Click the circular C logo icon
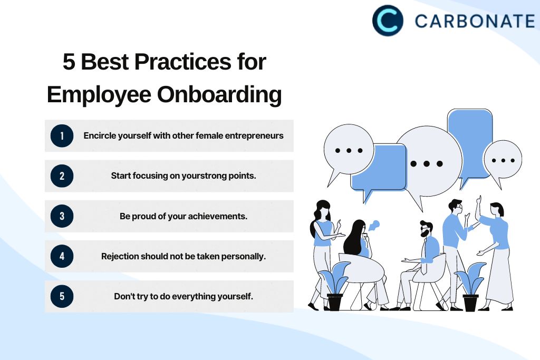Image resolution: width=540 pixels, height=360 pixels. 388,21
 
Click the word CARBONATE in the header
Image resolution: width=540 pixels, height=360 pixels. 475,21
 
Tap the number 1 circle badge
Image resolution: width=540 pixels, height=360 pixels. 62,136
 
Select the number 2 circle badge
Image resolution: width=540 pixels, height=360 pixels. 62,176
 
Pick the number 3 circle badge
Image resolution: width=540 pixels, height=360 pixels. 62,216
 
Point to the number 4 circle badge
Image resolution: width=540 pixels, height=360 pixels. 62,256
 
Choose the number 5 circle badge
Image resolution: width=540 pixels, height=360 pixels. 62,296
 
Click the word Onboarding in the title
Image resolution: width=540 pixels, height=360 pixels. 219,95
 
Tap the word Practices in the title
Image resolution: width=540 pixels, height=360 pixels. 182,62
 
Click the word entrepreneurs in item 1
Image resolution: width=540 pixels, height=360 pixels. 254,136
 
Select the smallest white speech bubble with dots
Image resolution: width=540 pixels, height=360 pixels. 503,162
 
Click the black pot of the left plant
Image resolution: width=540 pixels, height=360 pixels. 335,302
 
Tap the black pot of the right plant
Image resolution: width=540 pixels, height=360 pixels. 471,303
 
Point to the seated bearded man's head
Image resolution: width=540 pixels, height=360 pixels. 426,229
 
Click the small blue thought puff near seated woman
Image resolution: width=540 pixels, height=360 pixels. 374,226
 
